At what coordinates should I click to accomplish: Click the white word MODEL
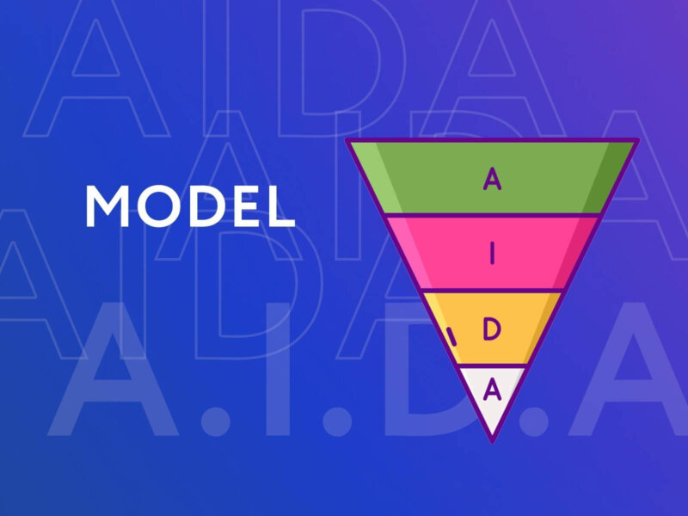coord(190,206)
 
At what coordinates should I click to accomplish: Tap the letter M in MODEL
coord(107,206)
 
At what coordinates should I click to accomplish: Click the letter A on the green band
coord(492,178)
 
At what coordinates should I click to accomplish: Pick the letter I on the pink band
coord(492,253)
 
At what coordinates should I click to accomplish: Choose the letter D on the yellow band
coord(492,329)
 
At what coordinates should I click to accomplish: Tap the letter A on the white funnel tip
coord(492,390)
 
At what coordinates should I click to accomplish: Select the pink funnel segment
coord(492,253)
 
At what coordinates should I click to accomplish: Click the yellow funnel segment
coord(492,329)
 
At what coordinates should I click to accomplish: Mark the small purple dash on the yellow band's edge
coord(451,336)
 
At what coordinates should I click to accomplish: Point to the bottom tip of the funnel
coord(492,441)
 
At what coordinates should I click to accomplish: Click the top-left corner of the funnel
coord(347,140)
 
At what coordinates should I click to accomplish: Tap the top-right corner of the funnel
coord(637,140)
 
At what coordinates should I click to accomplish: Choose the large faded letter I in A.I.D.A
coord(277,369)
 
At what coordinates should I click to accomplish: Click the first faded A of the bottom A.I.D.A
coord(113,369)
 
